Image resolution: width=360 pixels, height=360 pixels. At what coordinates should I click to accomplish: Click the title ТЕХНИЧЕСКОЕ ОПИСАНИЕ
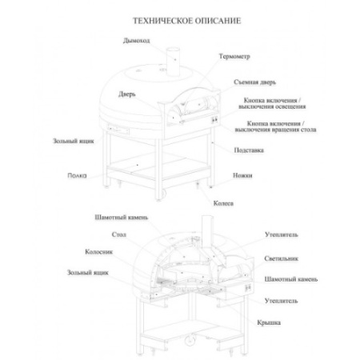tap(187, 21)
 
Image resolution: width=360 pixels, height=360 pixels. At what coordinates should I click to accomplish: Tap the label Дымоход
tap(136, 41)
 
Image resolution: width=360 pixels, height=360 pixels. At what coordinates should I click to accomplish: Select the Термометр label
tap(234, 57)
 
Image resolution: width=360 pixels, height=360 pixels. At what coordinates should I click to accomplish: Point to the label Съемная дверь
tap(254, 82)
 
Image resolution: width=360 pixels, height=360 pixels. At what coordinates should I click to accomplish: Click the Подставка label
tap(249, 150)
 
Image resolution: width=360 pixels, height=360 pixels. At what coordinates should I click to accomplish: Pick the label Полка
tap(77, 175)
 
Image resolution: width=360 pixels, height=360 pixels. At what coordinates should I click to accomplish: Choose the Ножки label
tap(242, 175)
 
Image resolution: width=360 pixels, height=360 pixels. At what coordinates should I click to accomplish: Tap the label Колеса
tap(223, 203)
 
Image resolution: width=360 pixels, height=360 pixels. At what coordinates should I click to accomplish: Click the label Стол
tap(119, 234)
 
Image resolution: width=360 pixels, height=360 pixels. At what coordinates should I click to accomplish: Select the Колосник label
tap(99, 252)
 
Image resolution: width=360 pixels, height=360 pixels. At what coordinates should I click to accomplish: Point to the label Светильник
tap(281, 258)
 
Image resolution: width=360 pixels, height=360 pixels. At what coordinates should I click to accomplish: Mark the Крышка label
tap(269, 322)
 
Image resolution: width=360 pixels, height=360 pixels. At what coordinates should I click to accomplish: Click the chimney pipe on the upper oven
tap(174, 62)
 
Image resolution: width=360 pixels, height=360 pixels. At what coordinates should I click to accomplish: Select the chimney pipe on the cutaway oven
tap(207, 231)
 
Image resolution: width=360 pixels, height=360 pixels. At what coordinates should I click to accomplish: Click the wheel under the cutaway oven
tap(190, 341)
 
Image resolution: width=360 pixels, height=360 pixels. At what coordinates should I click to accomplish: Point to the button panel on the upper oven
tap(214, 120)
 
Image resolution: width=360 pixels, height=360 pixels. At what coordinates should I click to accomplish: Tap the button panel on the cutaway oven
tap(248, 287)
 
